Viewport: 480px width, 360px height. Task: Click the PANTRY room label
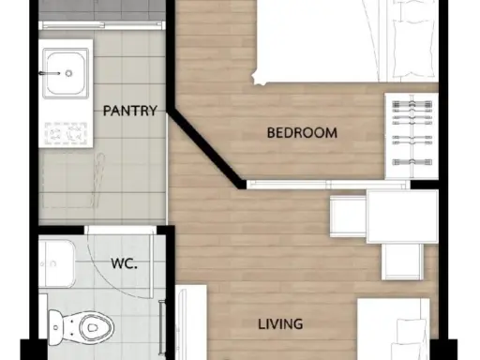click(x=129, y=111)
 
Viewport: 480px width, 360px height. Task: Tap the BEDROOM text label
click(x=302, y=133)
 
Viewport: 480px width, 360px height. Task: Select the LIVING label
click(x=280, y=324)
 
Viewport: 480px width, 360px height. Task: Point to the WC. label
click(x=124, y=263)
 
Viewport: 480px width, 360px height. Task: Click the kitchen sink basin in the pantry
click(x=66, y=72)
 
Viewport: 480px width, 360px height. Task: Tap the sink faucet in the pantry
click(x=50, y=73)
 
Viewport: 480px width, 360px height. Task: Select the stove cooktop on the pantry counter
click(x=66, y=134)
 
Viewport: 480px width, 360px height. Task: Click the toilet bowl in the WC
click(x=92, y=327)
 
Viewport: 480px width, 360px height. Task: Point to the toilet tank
click(x=54, y=327)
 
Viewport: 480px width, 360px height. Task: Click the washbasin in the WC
click(x=57, y=263)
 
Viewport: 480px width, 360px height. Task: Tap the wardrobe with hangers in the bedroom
click(x=412, y=136)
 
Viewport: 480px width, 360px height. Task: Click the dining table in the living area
click(x=402, y=217)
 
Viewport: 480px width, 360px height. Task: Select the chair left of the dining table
click(x=348, y=217)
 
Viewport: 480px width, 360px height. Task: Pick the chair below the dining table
click(x=402, y=262)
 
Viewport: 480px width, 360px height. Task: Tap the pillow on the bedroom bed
click(x=413, y=49)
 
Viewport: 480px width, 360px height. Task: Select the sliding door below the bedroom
click(x=328, y=185)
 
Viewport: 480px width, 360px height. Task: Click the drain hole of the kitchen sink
click(x=68, y=73)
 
